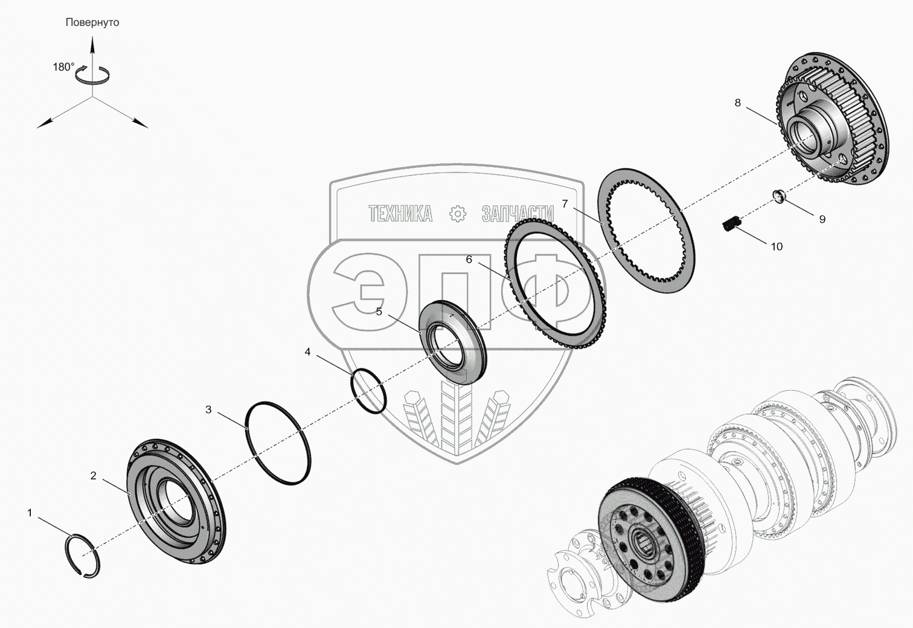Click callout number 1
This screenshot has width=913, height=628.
29,513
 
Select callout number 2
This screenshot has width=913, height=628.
93,476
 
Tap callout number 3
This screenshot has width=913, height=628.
208,409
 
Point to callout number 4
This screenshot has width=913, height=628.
307,351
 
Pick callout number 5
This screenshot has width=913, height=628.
379,312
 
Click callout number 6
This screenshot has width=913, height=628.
469,260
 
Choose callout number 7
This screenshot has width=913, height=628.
565,204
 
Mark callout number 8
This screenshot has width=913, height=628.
737,103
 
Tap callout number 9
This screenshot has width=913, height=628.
822,219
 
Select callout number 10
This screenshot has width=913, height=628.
777,246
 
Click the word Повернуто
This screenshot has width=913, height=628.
92,22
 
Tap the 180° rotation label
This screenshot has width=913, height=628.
63,67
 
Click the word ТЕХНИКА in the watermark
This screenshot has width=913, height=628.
400,213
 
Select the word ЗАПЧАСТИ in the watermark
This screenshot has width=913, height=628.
517,213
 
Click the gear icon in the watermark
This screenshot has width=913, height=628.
458,213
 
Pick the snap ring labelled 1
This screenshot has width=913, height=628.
83,556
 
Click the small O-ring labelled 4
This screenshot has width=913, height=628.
369,391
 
